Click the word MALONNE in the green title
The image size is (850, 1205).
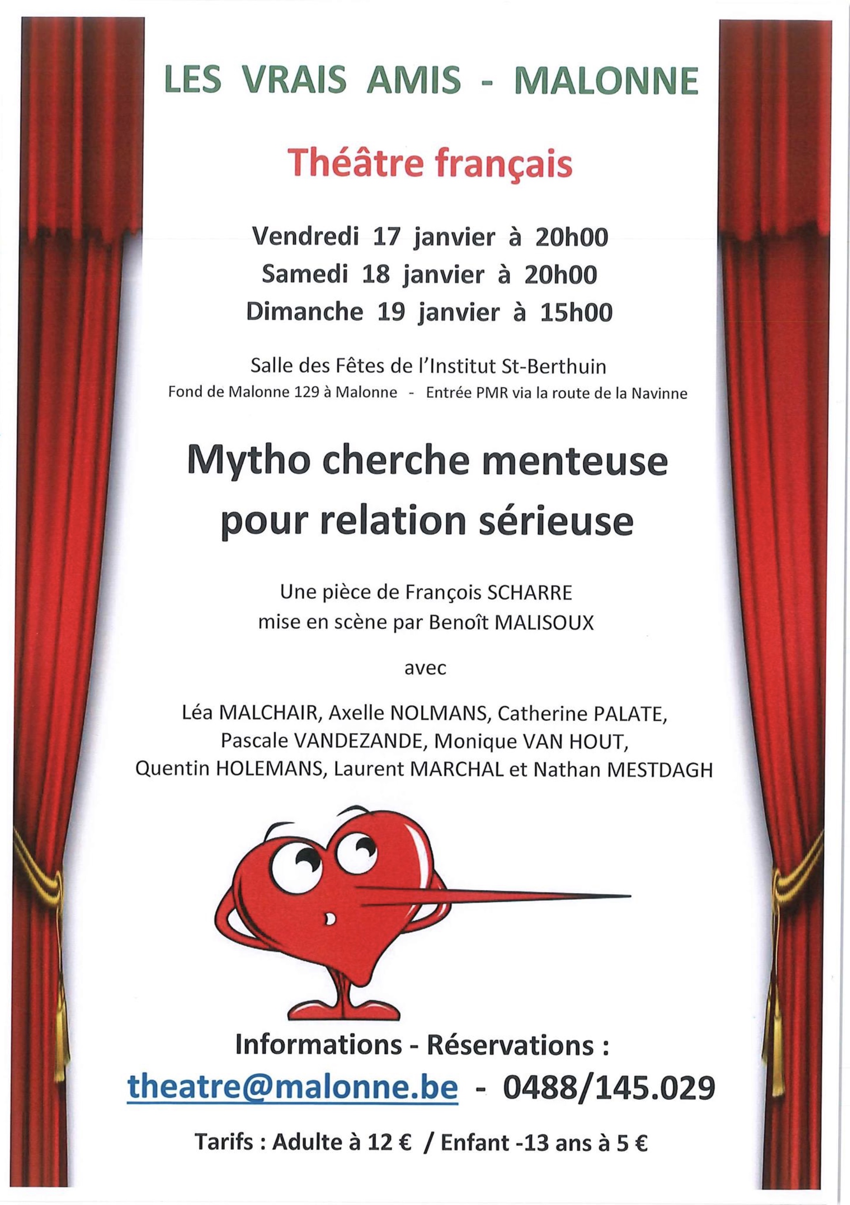[x=607, y=81]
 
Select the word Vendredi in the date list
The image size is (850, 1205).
[x=306, y=238]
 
